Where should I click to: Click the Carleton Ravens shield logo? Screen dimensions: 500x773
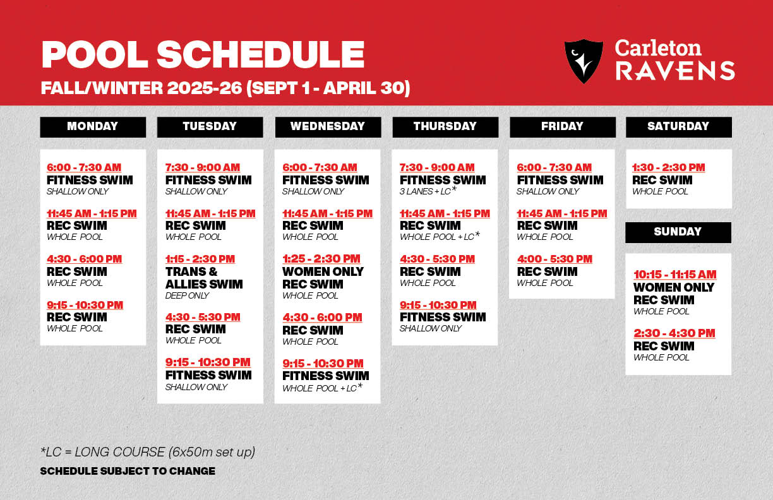pos(583,61)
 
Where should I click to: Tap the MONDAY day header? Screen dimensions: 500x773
pos(93,126)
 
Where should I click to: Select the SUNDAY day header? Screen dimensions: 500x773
pos(678,232)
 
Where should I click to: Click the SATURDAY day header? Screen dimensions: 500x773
pos(678,126)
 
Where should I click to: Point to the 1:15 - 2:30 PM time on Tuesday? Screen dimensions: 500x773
pos(200,259)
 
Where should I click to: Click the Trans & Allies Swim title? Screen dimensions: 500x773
pos(204,278)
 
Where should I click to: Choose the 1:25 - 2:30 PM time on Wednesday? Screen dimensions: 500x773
pos(321,259)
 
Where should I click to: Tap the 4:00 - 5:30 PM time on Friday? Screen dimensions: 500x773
pos(554,259)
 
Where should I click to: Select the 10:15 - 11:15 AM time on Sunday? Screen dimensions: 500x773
pos(675,275)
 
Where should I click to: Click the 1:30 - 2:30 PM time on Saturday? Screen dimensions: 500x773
pos(669,167)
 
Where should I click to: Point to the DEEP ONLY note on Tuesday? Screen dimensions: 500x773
pos(188,295)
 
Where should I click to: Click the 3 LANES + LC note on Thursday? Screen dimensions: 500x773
pos(428,191)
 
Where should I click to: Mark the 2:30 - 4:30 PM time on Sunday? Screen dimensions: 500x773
pos(674,333)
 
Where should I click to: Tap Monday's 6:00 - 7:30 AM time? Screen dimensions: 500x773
pos(84,167)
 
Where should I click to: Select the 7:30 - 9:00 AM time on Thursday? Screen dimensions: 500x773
pos(437,167)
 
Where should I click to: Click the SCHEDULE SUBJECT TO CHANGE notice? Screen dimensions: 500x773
pos(128,471)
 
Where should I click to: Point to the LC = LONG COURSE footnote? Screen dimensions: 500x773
pos(148,452)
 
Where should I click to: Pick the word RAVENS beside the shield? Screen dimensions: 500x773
pos(675,71)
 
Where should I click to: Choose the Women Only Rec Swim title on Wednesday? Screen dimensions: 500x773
pos(323,278)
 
